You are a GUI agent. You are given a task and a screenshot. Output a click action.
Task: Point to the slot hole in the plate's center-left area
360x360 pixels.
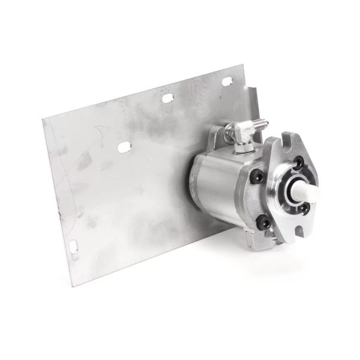[124, 146]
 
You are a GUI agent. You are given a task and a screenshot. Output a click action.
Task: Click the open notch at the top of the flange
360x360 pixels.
[285, 143]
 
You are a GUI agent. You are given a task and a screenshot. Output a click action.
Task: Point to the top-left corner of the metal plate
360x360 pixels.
[43, 119]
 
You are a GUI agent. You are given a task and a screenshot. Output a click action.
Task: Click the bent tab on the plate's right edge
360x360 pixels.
[254, 102]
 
